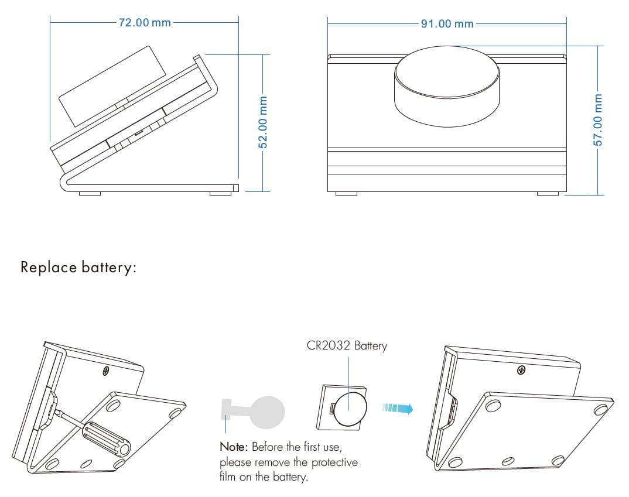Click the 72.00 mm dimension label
145,23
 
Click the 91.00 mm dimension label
447,24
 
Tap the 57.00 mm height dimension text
597,119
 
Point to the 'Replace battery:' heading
78,268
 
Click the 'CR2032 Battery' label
347,345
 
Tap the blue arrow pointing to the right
398,407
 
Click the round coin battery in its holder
350,409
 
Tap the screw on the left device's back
105,371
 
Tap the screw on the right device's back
521,370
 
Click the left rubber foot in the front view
346,193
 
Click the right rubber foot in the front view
548,193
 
